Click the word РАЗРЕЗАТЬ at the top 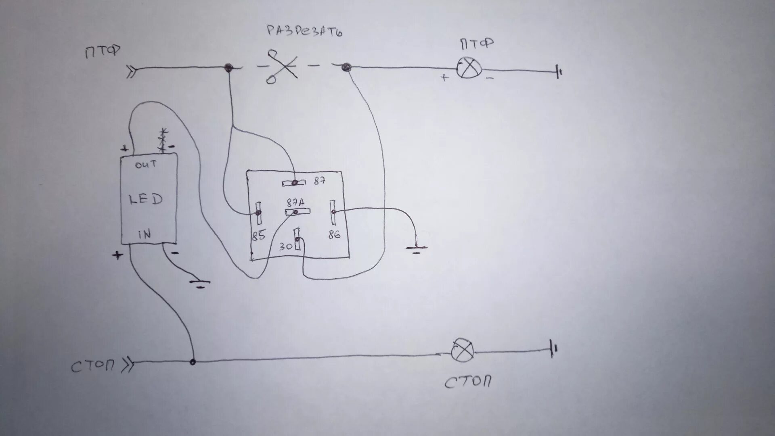point(304,31)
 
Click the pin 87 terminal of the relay point(295,183)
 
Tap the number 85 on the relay point(258,236)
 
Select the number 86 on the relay point(334,234)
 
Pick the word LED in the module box point(146,199)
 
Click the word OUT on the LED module point(146,165)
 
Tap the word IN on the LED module point(144,234)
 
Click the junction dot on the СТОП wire point(193,362)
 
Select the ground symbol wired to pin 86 point(416,250)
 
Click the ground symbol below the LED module point(199,284)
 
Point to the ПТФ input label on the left point(103,52)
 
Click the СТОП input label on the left point(92,366)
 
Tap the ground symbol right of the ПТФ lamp point(559,72)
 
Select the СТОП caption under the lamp point(468,382)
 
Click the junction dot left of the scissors point(228,67)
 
